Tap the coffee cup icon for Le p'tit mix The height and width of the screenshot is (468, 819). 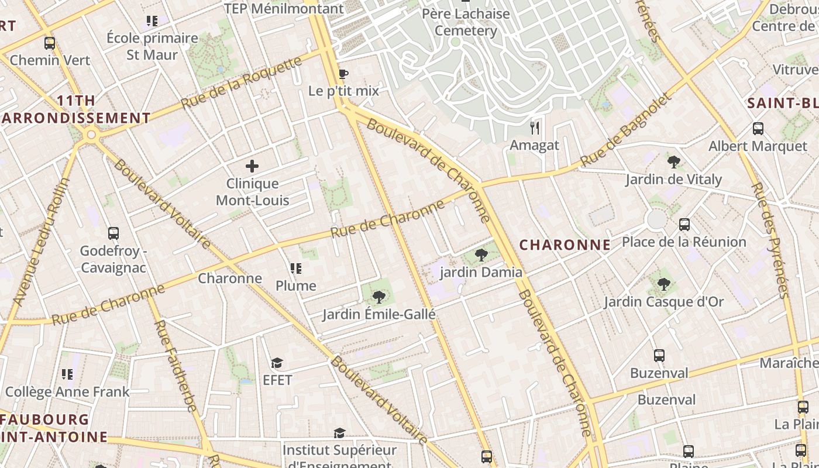click(343, 74)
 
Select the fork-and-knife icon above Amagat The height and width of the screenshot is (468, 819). click(534, 128)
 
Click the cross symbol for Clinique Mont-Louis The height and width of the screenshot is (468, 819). click(252, 166)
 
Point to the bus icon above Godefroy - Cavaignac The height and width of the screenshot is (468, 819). click(113, 233)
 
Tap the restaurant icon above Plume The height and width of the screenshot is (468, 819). click(296, 269)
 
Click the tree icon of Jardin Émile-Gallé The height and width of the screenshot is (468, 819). click(378, 297)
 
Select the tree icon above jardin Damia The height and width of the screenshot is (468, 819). click(481, 254)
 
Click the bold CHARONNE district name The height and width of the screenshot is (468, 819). click(565, 245)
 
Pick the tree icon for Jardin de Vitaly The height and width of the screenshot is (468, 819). click(673, 161)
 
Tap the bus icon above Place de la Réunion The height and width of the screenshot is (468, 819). click(684, 224)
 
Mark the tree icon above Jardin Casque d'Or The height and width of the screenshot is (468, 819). click(663, 284)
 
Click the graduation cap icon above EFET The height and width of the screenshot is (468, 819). click(277, 363)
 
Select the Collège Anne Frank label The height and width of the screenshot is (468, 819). click(67, 391)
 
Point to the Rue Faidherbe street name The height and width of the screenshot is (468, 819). click(174, 365)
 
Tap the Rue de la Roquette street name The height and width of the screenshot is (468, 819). click(241, 82)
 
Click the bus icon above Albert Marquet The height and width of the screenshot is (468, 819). click(758, 129)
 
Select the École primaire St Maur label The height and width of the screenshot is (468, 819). click(152, 46)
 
